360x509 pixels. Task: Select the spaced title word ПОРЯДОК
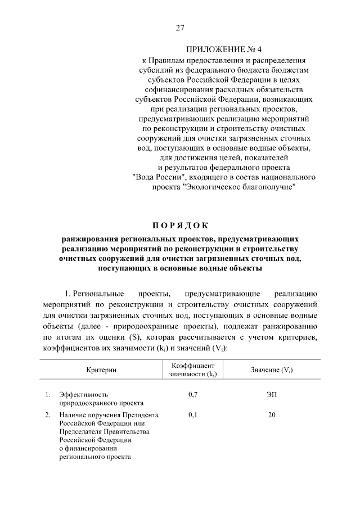pyautogui.click(x=180, y=227)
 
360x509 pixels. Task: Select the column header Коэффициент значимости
pyautogui.click(x=193, y=370)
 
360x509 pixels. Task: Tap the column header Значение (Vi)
pyautogui.click(x=272, y=370)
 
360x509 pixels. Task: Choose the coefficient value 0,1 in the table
pyautogui.click(x=193, y=415)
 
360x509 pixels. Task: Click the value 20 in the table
pyautogui.click(x=272, y=415)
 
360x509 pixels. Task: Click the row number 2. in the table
pyautogui.click(x=48, y=415)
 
